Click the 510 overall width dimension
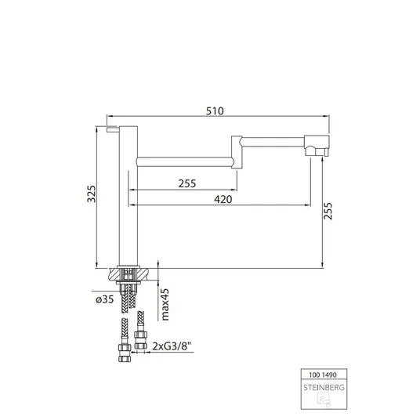click(x=215, y=111)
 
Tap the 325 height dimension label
click(x=92, y=194)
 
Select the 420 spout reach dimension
click(x=223, y=199)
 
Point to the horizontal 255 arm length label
click(x=187, y=183)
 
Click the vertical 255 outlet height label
click(x=328, y=211)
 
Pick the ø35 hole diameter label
click(x=105, y=299)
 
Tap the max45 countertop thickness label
click(x=165, y=304)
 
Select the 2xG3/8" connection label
click(x=172, y=346)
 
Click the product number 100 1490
click(x=323, y=375)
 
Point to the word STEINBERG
click(x=324, y=387)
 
